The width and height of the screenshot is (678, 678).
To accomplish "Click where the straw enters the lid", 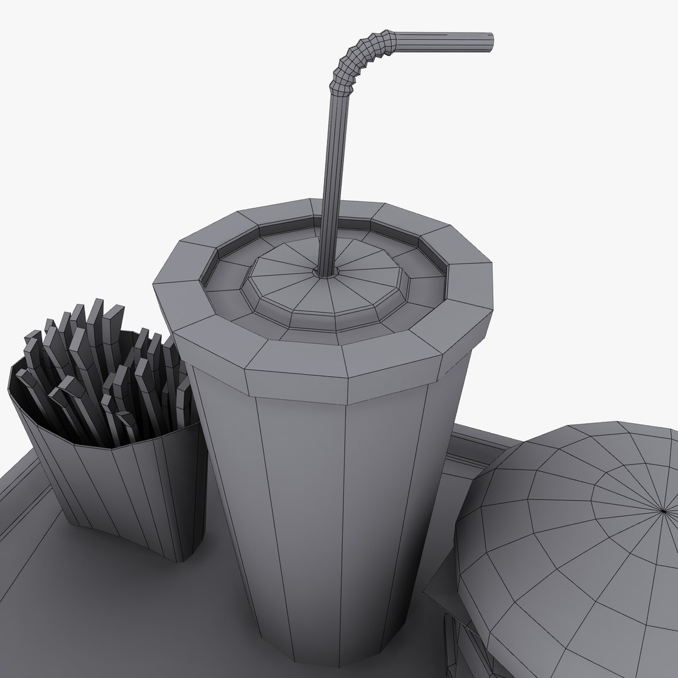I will click(x=326, y=271).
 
